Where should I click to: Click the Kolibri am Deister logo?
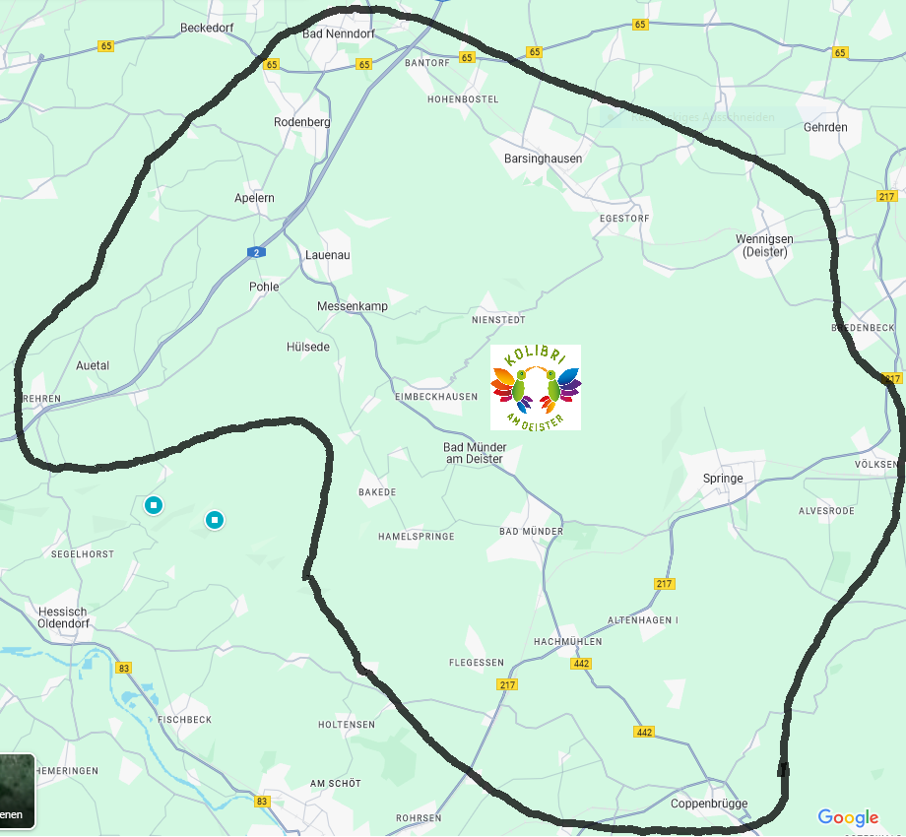(535, 387)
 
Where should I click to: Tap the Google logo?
(848, 818)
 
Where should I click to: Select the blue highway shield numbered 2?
(256, 252)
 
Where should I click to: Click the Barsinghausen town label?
(543, 159)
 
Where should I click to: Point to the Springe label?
(723, 479)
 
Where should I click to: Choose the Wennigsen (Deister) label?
(764, 245)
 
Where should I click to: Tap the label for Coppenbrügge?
(709, 804)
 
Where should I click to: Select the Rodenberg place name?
(302, 122)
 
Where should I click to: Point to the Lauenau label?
(328, 255)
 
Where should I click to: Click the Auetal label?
(93, 365)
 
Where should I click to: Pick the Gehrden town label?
(825, 128)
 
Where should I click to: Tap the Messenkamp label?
(353, 306)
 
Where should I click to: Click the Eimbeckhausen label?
(435, 397)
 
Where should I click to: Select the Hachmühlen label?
(567, 642)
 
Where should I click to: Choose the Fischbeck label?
(184, 720)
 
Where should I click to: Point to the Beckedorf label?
(207, 28)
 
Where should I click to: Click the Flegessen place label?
(477, 663)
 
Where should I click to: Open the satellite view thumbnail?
(17, 791)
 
